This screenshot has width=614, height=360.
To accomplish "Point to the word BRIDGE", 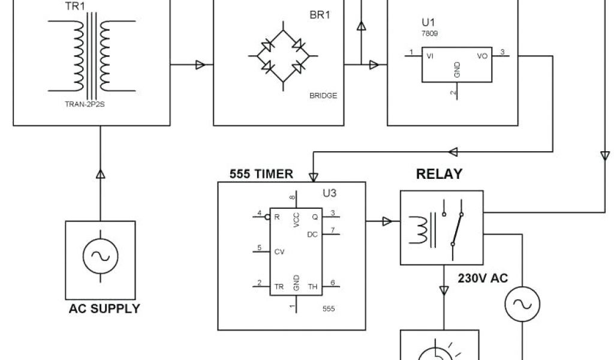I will (x=324, y=95).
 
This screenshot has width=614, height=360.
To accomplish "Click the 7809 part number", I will (x=430, y=34).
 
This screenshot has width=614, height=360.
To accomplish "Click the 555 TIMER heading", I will (x=261, y=175).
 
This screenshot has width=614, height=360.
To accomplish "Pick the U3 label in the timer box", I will (x=331, y=194).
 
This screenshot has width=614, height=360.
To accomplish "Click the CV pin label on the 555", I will (x=279, y=252).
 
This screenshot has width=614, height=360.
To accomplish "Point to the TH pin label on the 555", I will (x=312, y=287).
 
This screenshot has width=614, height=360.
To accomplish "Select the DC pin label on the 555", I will (x=312, y=234).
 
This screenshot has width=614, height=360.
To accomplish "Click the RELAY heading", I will (x=440, y=175).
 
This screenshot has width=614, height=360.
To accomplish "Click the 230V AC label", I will (x=483, y=278).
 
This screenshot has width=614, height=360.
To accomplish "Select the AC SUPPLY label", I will (x=104, y=309).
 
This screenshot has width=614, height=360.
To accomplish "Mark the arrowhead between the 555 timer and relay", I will (x=387, y=222).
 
